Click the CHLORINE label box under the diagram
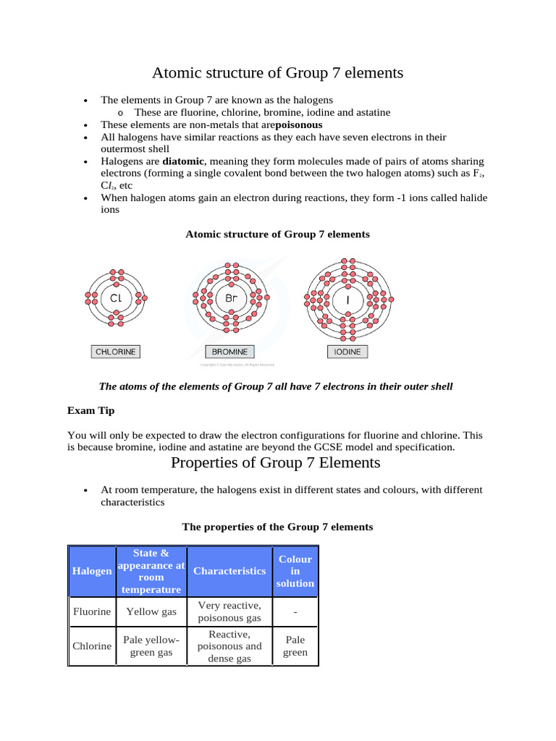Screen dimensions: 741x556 coord(115,352)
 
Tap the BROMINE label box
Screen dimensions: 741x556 coord(229,352)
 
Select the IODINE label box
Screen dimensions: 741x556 coord(347,352)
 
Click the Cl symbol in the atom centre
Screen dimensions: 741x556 coord(116,297)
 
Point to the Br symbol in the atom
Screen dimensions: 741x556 coord(231,297)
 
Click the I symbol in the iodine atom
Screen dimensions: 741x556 coord(347,298)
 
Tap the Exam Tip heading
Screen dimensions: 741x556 coord(91,410)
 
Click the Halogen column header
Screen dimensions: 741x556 coord(92,571)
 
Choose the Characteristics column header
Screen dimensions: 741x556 coord(229,571)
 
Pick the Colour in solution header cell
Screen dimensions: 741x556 coord(295,571)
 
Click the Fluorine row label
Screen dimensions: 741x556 coord(92,611)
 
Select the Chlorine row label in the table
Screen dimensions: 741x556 coord(92,645)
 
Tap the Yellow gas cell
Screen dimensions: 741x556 coord(151,611)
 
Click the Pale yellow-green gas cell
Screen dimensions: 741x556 coord(151,645)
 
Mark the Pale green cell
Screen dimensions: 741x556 coord(295,645)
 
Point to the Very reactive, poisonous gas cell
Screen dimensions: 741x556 coord(229,611)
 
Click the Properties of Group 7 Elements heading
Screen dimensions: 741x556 coord(275,462)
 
